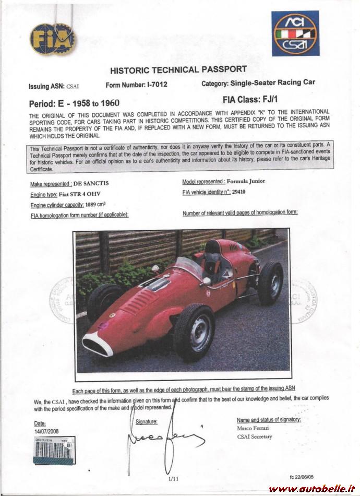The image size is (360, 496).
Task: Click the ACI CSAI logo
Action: click(x=295, y=34)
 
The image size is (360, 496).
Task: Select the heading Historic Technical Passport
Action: click(x=178, y=69)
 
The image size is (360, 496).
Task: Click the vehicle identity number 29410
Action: click(x=239, y=192)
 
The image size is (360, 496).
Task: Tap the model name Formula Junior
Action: click(x=246, y=181)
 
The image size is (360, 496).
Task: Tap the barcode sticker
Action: click(x=54, y=453)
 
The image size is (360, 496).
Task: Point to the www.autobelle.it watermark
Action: click(x=310, y=488)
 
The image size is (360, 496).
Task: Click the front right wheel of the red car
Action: click(x=194, y=332)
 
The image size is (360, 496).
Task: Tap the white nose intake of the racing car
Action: click(x=98, y=344)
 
